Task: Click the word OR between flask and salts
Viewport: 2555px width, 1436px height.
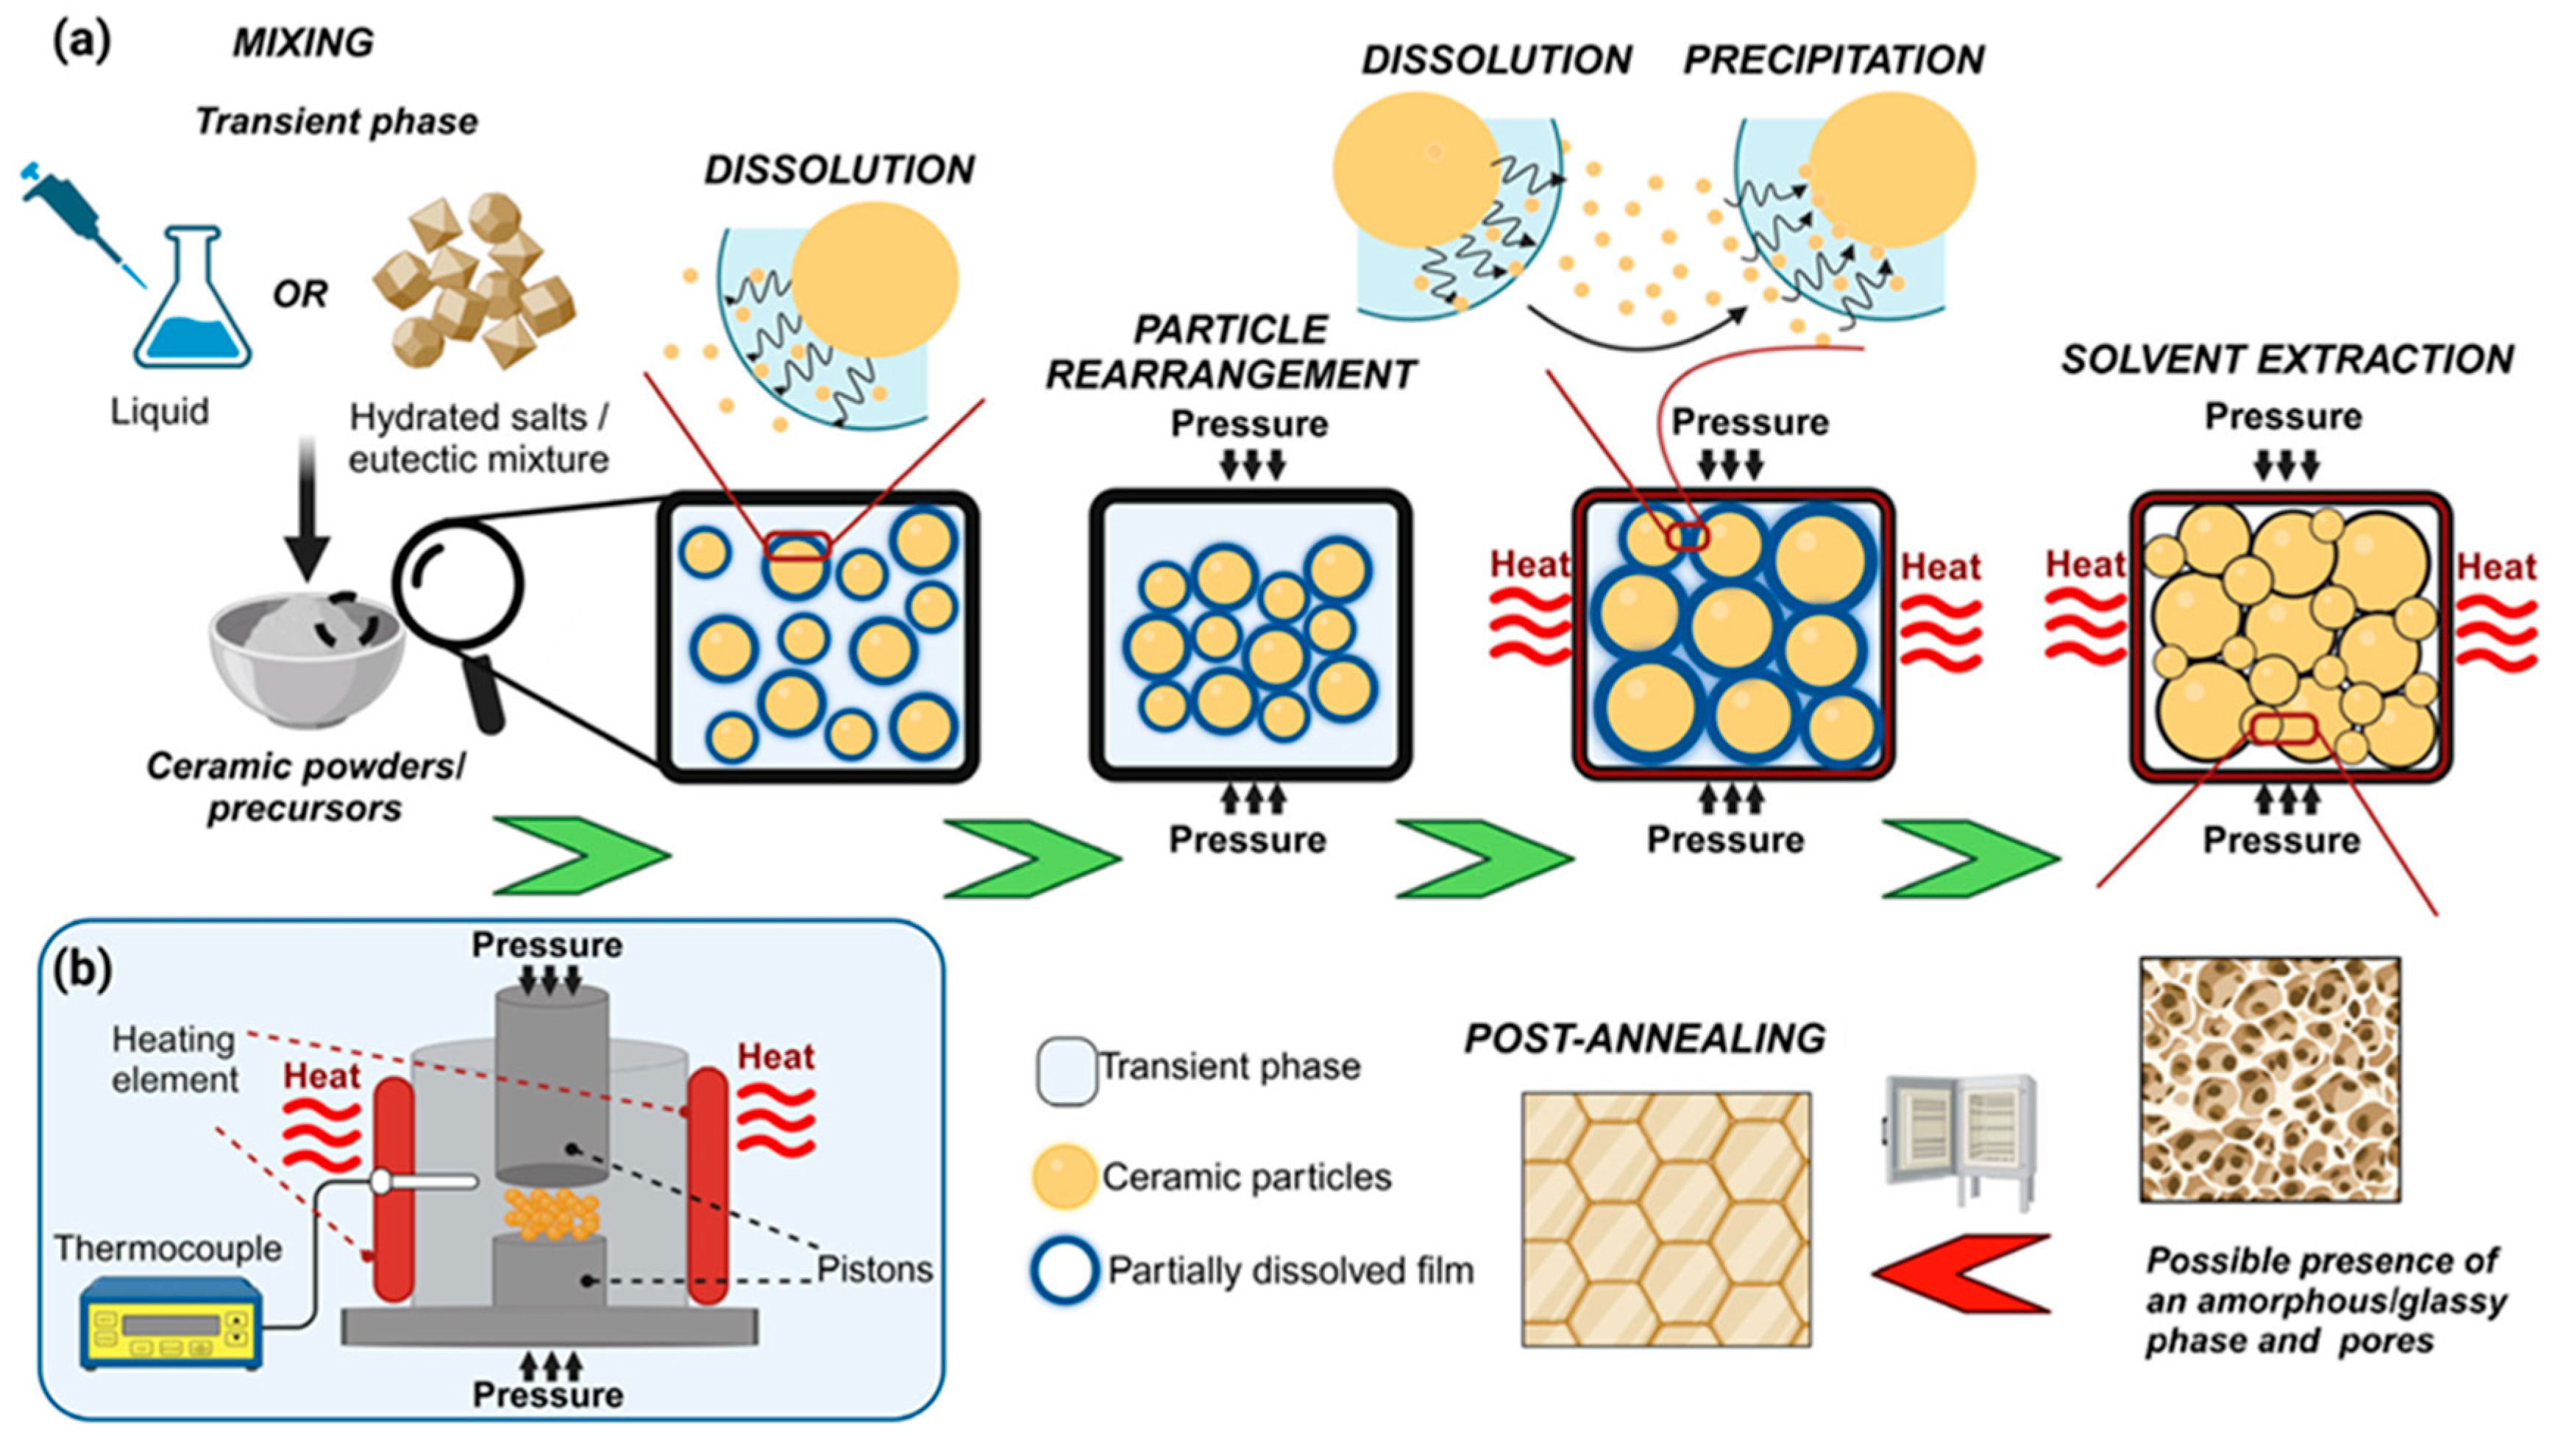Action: coord(299,294)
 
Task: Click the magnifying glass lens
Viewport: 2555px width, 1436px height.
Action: coord(458,585)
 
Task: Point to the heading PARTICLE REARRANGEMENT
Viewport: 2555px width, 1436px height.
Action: coord(1231,352)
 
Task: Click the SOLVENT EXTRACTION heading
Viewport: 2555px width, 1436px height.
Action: coord(2287,359)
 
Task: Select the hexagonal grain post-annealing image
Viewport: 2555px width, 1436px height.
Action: coord(1666,1219)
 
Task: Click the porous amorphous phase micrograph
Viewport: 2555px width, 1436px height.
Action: coord(2270,1079)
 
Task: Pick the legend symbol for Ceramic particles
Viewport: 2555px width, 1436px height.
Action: coord(1065,1176)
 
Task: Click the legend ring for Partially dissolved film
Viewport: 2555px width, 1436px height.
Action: coord(1065,1270)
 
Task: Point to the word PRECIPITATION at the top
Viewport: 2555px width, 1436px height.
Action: coord(1833,60)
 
